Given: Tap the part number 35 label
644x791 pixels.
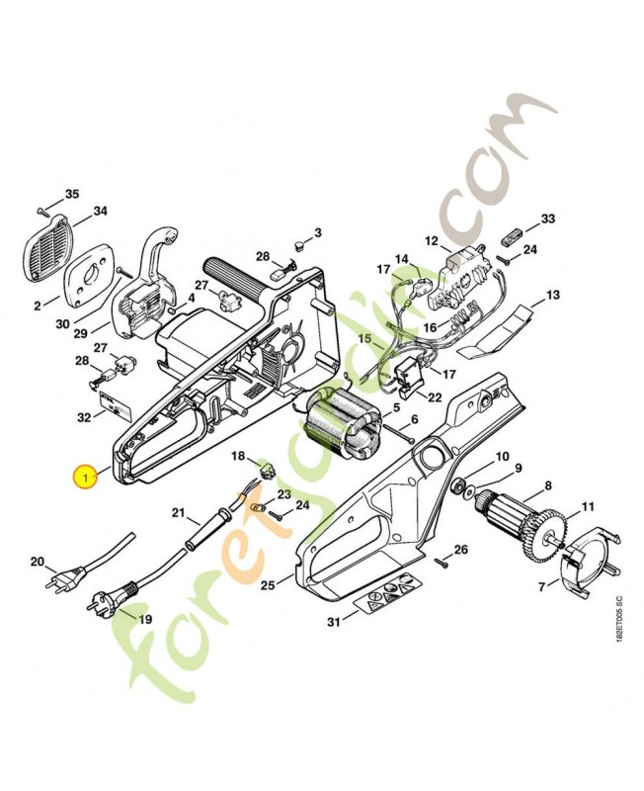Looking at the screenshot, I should (x=72, y=193).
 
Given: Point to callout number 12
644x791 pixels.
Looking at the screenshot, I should (x=431, y=240).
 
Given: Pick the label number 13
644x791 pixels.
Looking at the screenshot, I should (x=552, y=295).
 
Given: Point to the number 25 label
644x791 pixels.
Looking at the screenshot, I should (x=268, y=586).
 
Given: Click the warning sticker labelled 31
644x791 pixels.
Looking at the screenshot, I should (x=391, y=597).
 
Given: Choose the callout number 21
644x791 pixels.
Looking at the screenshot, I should (x=179, y=512).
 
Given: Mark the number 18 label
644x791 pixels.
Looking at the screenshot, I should (x=238, y=455).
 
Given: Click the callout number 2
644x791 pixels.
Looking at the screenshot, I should (x=39, y=306).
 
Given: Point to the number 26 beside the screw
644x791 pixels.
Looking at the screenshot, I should (x=460, y=549).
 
